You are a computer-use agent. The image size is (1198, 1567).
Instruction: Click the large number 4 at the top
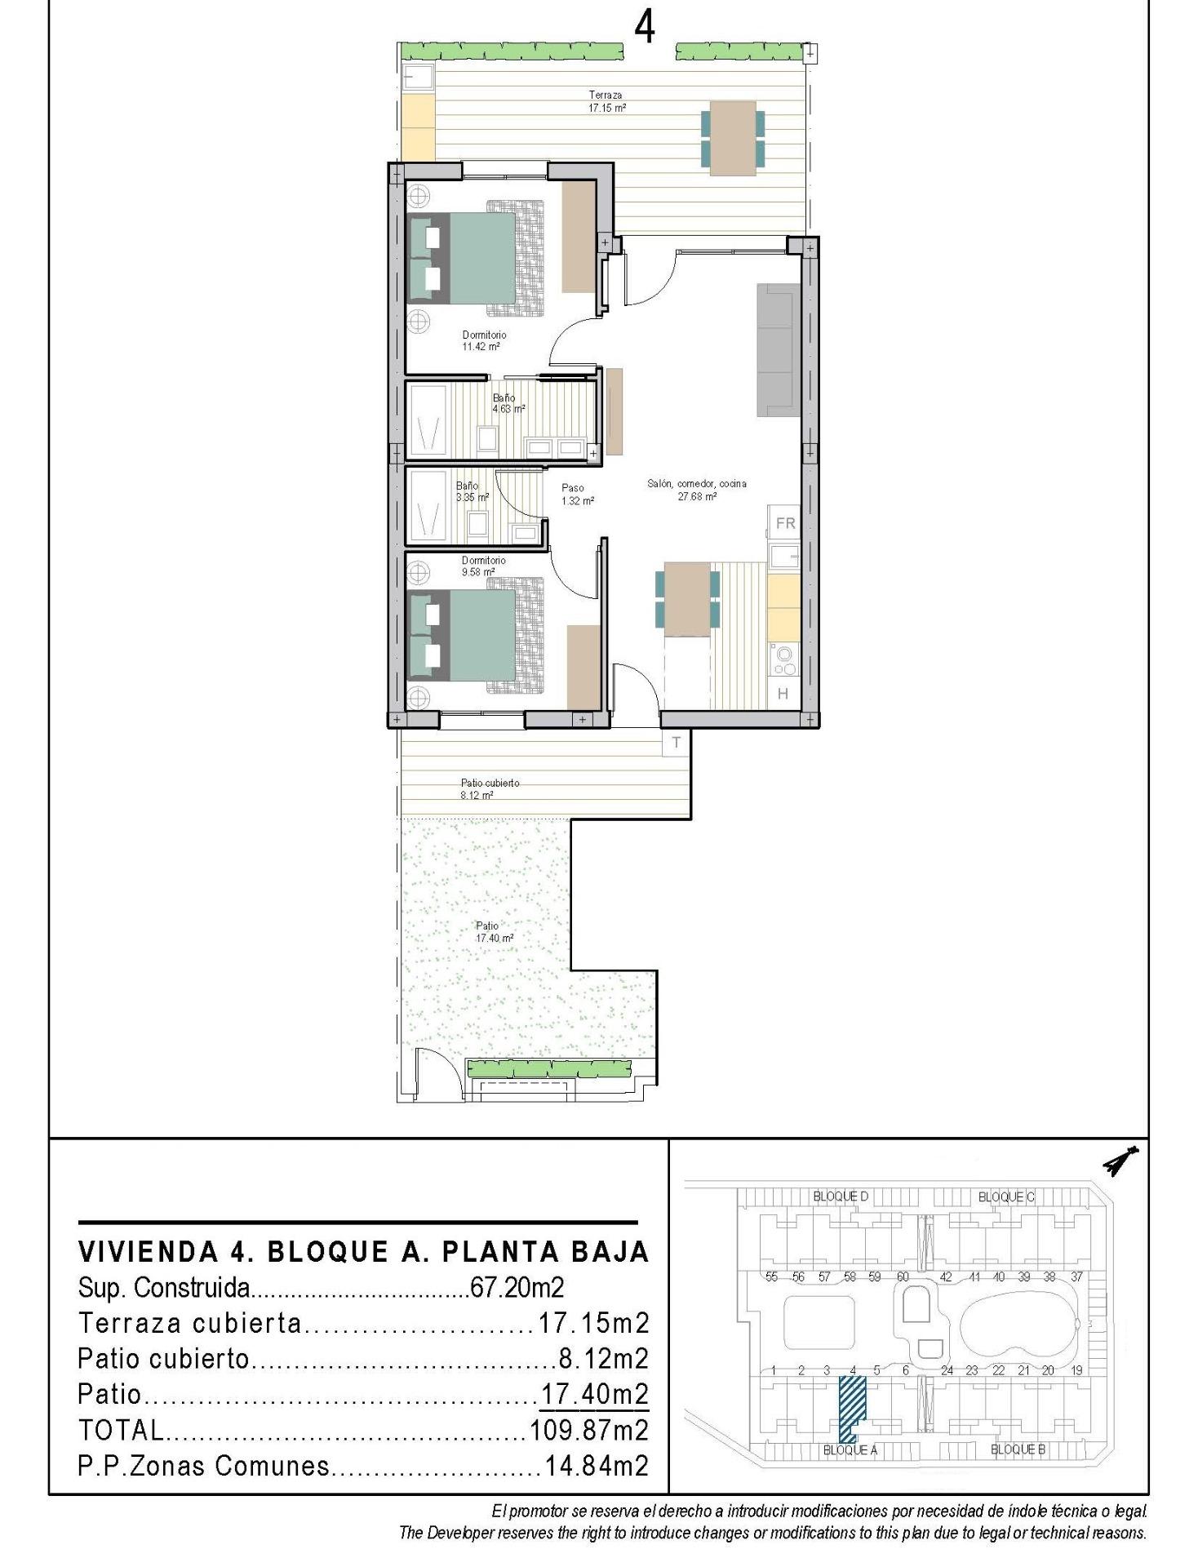(644, 29)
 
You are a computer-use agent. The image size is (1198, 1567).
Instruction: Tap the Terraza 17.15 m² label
(606, 101)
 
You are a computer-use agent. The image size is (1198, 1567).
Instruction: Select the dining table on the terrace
(733, 137)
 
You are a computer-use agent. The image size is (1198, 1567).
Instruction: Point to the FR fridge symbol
(785, 523)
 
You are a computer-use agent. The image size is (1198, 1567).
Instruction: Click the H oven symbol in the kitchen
(783, 694)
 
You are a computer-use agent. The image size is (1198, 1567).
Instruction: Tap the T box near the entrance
(676, 743)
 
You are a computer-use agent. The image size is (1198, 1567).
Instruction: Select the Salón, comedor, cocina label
(696, 489)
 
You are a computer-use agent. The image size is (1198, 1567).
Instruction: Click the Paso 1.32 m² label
(576, 494)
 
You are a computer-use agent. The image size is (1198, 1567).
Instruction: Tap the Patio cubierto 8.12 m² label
(489, 788)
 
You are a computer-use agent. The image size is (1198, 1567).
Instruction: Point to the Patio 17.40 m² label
(493, 932)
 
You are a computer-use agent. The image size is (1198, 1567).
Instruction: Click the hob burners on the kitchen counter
(784, 660)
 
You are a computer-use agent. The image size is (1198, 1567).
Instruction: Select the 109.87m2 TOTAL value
(588, 1430)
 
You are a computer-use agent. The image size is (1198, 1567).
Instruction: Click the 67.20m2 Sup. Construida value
(517, 1288)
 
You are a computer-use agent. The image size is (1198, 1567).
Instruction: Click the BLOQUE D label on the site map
(840, 1196)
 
